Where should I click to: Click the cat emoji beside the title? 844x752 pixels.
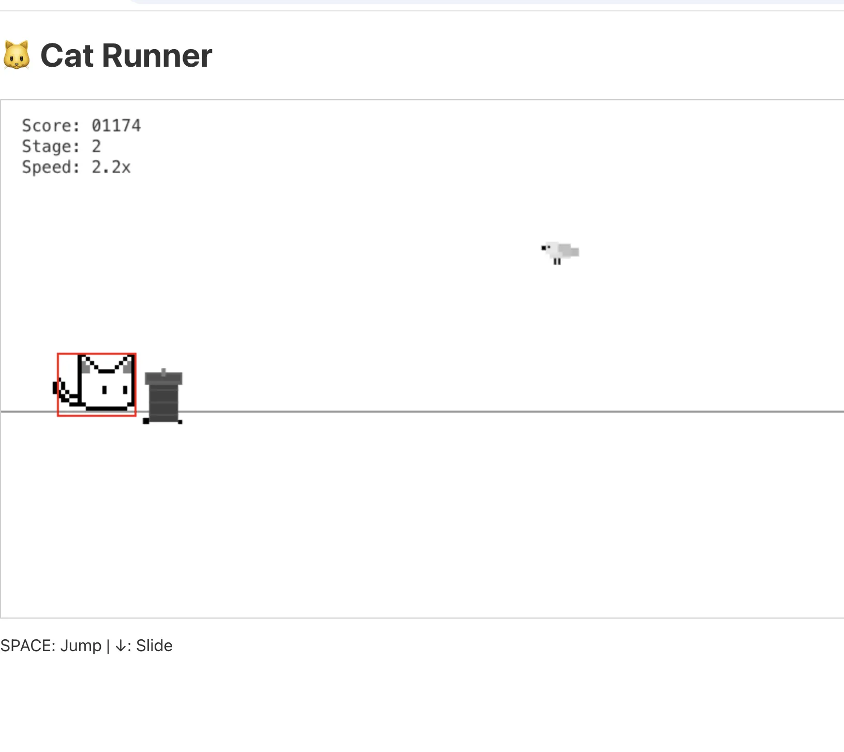click(x=17, y=55)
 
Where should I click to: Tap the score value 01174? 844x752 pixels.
click(x=116, y=126)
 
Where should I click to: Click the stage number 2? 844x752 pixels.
click(x=96, y=146)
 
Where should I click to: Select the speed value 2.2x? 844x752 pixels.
click(x=111, y=167)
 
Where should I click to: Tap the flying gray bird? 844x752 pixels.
click(x=560, y=252)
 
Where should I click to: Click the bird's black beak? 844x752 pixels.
click(x=544, y=248)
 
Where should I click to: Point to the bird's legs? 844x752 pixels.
click(x=557, y=262)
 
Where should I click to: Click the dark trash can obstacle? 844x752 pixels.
click(x=163, y=396)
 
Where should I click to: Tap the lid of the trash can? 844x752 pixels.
click(x=163, y=378)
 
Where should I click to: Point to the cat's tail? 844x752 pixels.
click(x=66, y=392)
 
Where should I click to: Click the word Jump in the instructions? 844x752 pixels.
click(x=81, y=646)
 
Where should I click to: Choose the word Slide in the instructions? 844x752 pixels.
click(x=154, y=645)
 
